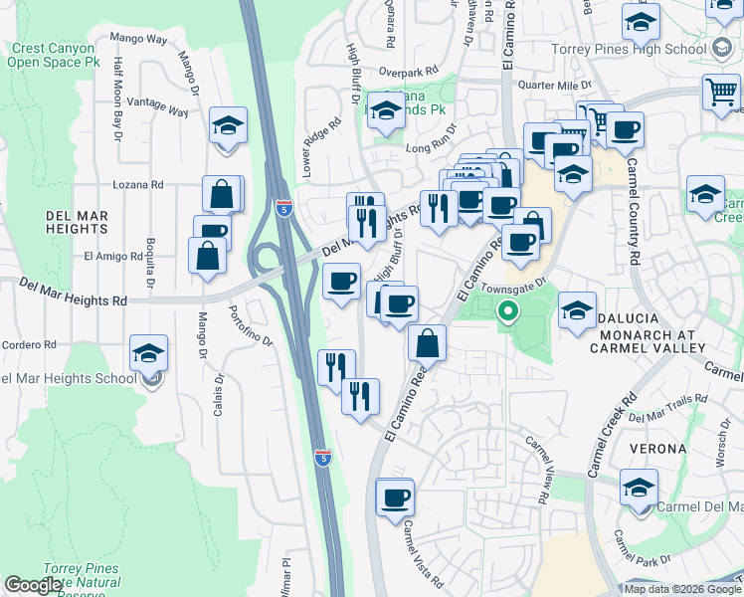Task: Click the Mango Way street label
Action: [138, 38]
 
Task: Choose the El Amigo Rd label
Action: [113, 256]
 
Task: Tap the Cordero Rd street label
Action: [27, 344]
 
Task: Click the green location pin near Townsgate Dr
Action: [508, 312]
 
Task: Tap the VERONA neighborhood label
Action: [656, 448]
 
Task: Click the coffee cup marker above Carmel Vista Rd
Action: [395, 497]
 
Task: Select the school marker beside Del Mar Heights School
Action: [148, 353]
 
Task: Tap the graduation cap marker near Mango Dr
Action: [229, 126]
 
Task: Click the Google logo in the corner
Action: [34, 584]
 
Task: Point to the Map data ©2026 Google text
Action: [682, 589]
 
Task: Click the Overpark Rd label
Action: [408, 72]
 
